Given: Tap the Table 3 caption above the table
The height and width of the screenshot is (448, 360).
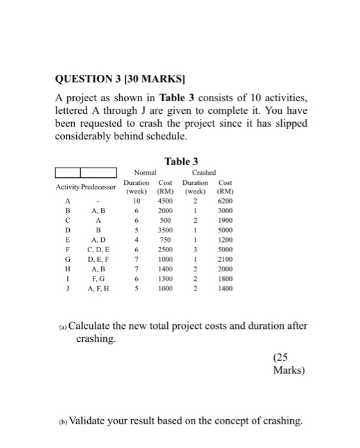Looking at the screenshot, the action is [x=181, y=161].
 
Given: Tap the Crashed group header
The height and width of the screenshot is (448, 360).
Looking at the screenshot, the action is [x=204, y=172].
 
